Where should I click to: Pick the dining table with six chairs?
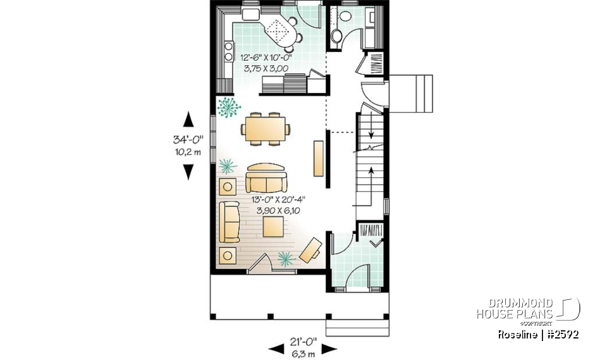pyautogui.click(x=266, y=130)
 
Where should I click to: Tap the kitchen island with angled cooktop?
pyautogui.click(x=281, y=30)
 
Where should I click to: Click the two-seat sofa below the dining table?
pyautogui.click(x=266, y=178)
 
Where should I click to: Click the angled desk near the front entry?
pyautogui.click(x=309, y=249)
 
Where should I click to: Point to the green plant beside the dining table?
pyautogui.click(x=229, y=108)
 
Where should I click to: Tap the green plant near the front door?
pyautogui.click(x=285, y=257)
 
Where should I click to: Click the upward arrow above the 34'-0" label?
pyautogui.click(x=188, y=118)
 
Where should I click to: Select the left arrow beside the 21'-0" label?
pyautogui.click(x=276, y=347)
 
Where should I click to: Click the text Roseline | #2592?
pyautogui.click(x=537, y=334)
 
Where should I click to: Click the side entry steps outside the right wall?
pyautogui.click(x=411, y=93)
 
